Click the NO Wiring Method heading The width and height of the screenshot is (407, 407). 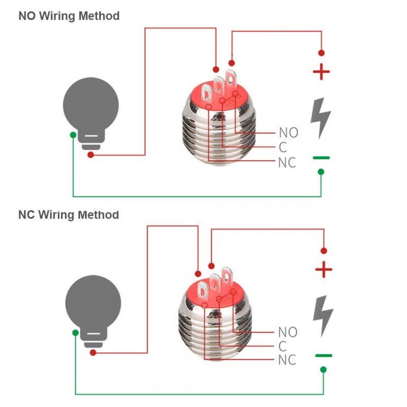coord(69,16)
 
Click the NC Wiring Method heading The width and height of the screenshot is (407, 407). coord(69,215)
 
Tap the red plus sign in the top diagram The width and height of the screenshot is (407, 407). coord(322,72)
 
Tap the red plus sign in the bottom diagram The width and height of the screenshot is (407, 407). coord(324,270)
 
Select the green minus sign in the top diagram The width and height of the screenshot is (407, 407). coord(322,158)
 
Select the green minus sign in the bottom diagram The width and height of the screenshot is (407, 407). coord(324,356)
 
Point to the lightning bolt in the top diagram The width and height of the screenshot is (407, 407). coord(321,119)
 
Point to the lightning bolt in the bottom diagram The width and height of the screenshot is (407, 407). coord(323,316)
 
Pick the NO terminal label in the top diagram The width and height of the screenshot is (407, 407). coord(288,133)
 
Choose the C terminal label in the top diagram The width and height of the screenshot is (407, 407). coord(283,147)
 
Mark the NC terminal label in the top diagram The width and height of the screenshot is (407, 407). coord(287,162)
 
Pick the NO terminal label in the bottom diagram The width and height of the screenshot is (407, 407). coord(288,332)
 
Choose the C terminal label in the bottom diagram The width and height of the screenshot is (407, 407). coord(282,346)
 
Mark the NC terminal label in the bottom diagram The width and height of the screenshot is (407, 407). coord(287,360)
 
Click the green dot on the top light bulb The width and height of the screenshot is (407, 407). coord(73,135)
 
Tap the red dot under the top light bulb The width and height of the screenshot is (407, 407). coord(91,155)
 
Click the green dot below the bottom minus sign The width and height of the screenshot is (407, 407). coord(324,370)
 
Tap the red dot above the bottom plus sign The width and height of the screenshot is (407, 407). coord(324,251)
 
